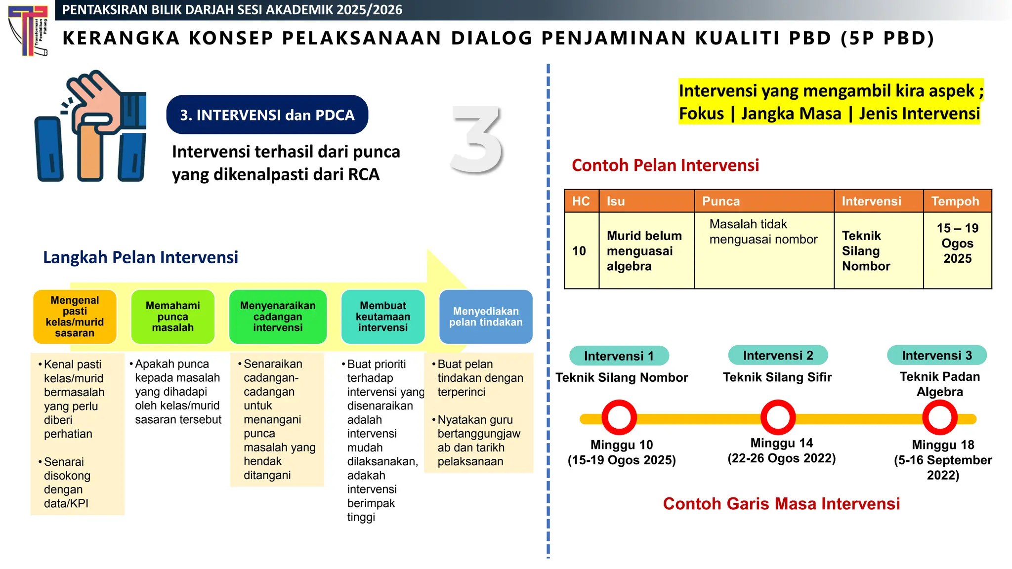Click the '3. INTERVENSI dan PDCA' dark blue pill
pos(267,115)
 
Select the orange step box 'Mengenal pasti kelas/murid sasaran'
pos(75,317)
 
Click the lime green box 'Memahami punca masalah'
pos(173,317)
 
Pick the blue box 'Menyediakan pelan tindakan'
pos(485,317)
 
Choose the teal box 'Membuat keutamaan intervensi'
pos(383,317)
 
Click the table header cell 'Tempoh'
pos(957,201)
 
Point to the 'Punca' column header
pos(763,201)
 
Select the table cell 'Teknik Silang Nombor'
pos(878,250)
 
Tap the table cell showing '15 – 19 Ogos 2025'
pos(957,244)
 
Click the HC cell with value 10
pos(581,250)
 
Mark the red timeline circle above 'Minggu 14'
pos(778,417)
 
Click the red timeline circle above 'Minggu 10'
pos(619,417)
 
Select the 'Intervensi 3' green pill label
pos(936,355)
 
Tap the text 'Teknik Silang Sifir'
pos(777,377)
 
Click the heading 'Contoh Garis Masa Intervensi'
pos(781,504)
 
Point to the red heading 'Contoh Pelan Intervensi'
pos(665,165)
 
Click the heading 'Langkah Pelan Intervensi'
pos(140,257)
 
